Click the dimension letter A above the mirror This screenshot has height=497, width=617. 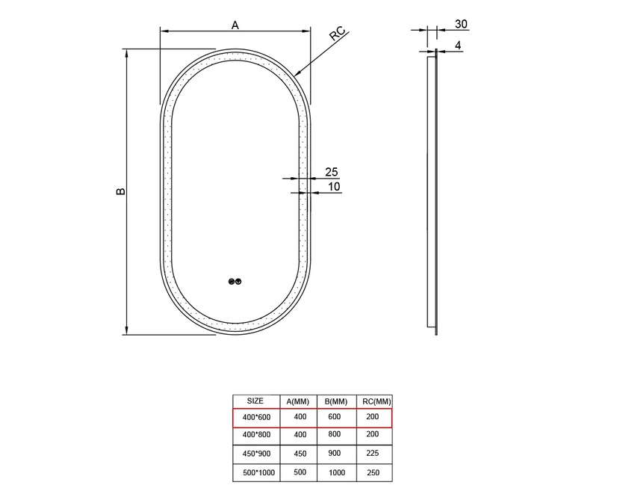tap(235, 25)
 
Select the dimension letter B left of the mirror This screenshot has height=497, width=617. tap(121, 191)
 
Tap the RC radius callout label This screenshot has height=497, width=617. tap(337, 34)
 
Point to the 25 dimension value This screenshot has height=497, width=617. tap(332, 172)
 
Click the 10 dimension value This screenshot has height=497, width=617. tap(334, 187)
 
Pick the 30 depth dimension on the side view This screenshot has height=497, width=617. tap(461, 24)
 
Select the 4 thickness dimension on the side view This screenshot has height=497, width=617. tap(458, 46)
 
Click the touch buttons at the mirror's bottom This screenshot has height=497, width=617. tap(235, 282)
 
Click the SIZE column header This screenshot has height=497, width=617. tap(255, 401)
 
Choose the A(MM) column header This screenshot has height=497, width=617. tap(298, 401)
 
